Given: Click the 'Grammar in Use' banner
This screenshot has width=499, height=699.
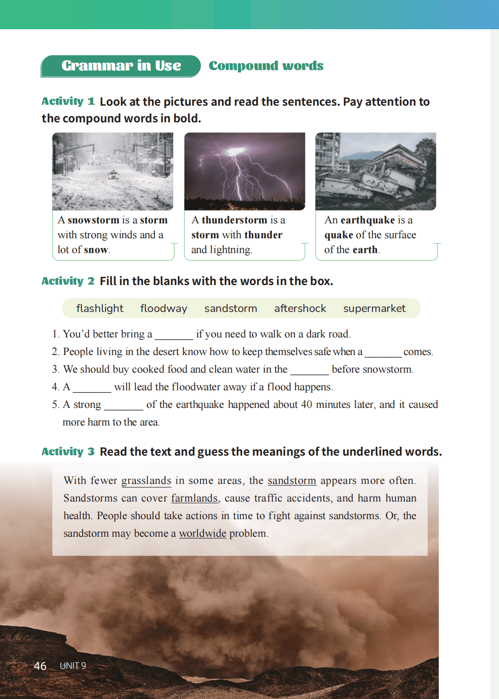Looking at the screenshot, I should (x=121, y=66).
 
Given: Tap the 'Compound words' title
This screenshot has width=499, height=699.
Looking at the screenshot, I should (x=266, y=66).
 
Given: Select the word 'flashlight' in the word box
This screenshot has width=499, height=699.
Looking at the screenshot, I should (x=100, y=308).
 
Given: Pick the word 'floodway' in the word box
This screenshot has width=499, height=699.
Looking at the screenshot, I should (x=164, y=308).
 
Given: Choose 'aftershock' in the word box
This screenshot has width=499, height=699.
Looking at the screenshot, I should (x=300, y=308).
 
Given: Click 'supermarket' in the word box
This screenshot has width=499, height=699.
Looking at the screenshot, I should (x=374, y=308).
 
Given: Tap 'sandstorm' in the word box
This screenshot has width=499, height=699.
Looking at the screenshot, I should (x=230, y=308).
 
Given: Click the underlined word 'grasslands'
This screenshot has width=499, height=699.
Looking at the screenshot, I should (x=146, y=481).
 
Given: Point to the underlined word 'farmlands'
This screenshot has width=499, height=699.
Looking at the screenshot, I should (x=195, y=498).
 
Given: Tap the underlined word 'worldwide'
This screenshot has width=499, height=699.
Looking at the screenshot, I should (x=202, y=534).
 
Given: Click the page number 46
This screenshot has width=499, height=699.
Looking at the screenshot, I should (x=40, y=666).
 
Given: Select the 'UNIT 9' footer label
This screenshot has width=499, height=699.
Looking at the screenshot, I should (x=73, y=666).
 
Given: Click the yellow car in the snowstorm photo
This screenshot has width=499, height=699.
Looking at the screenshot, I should (x=113, y=175).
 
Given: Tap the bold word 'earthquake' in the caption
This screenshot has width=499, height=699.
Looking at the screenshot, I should (x=367, y=220).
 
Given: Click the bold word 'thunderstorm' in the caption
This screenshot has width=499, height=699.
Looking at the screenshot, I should (x=234, y=220).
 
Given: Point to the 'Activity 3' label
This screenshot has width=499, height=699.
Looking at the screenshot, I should (x=68, y=451).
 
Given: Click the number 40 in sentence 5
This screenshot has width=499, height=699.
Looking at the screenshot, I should (x=306, y=405).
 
